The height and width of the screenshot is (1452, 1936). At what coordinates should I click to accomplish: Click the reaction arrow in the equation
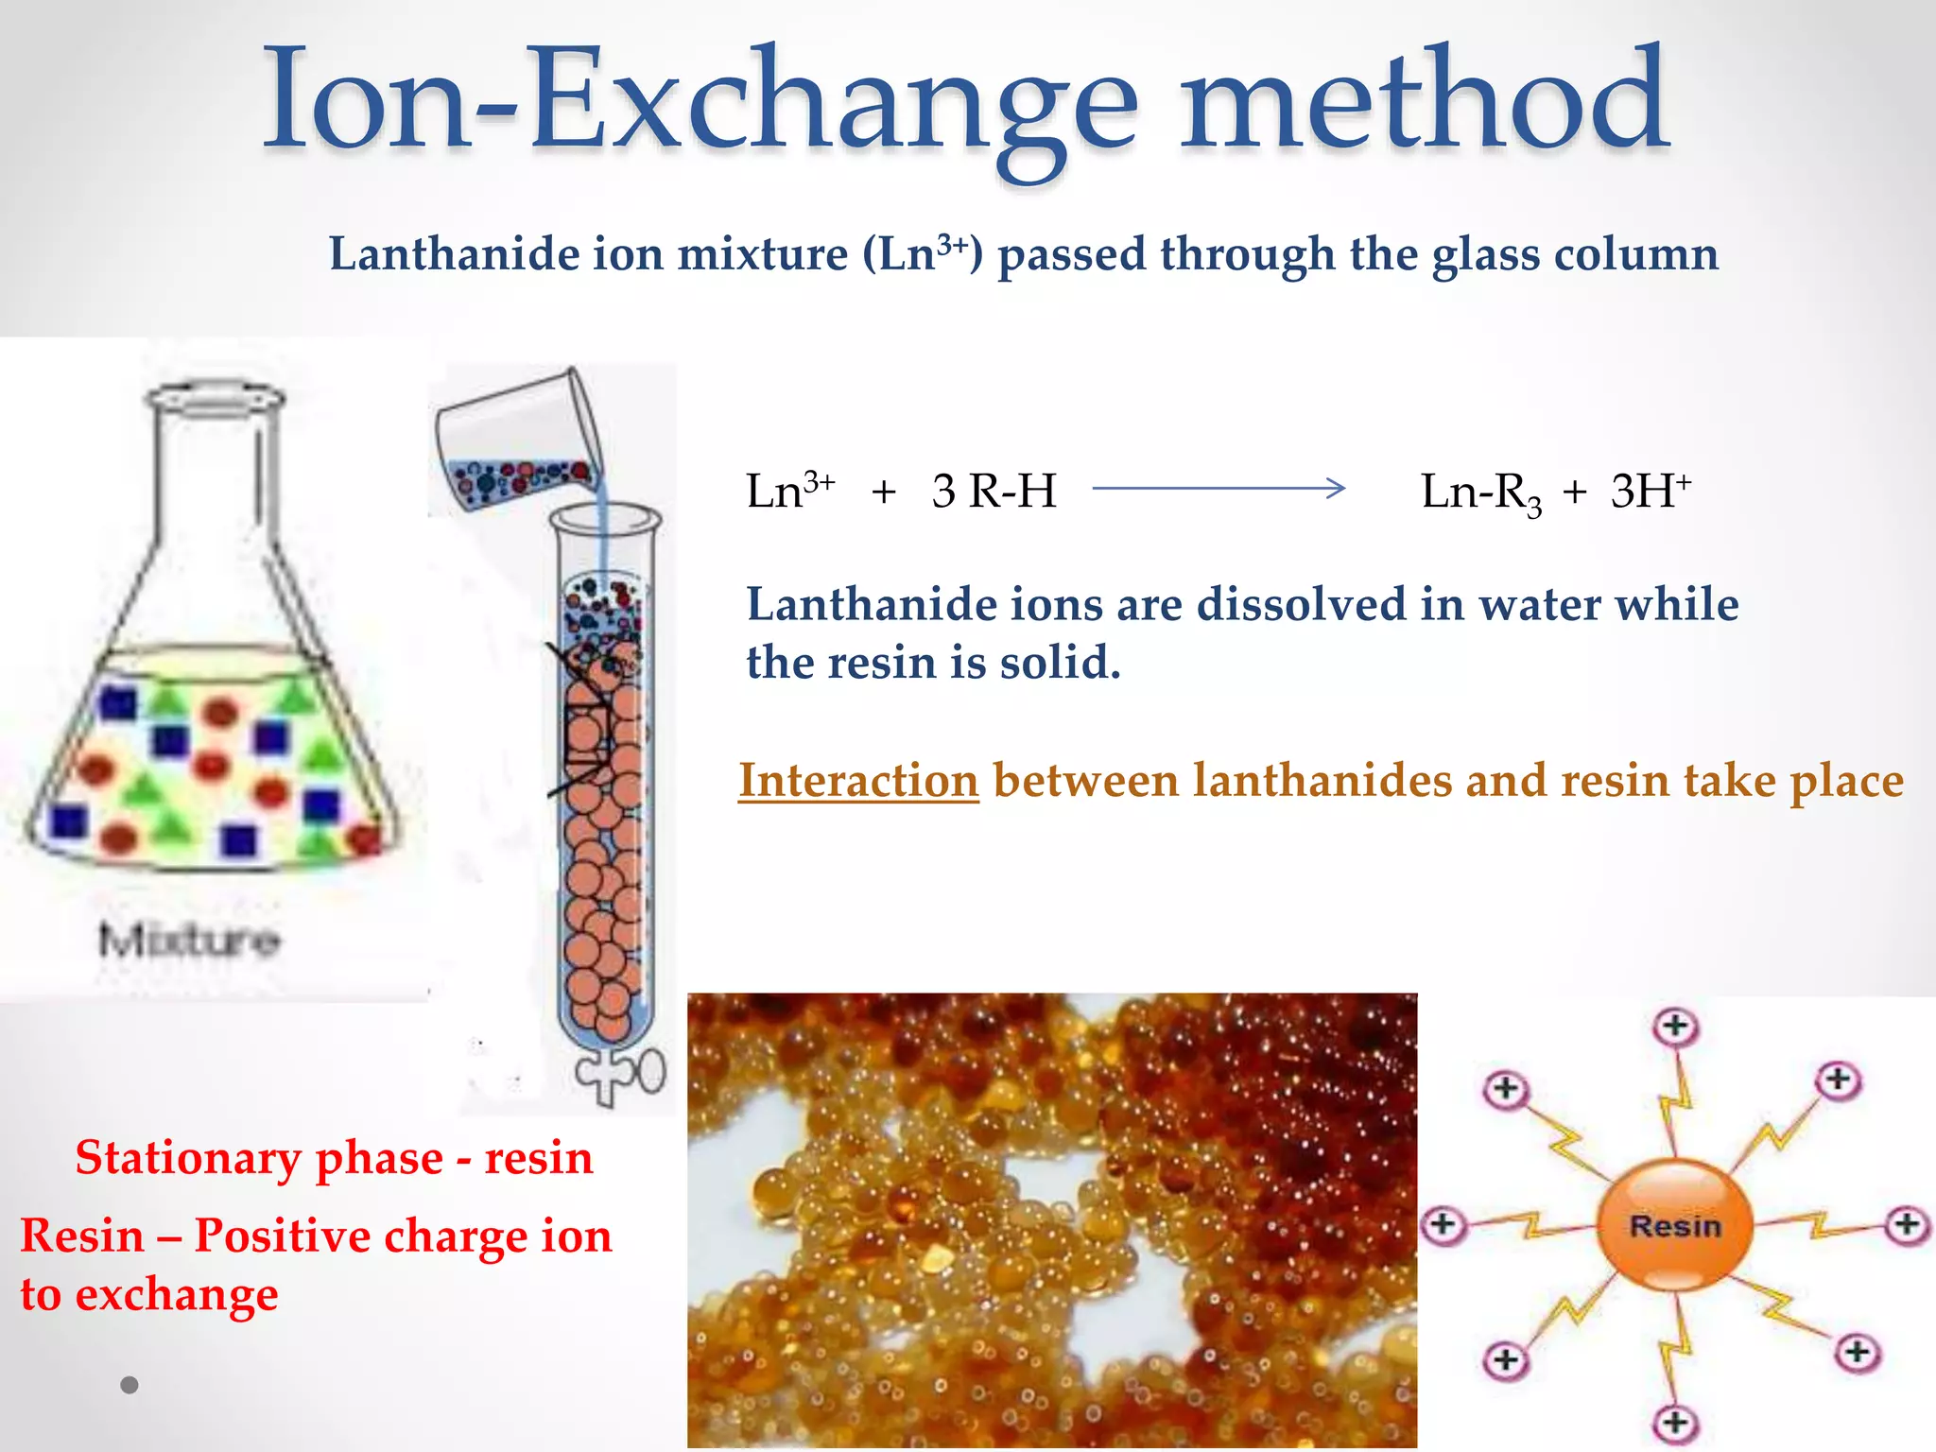(x=1219, y=489)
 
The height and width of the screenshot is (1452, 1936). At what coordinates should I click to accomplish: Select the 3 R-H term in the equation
(x=994, y=492)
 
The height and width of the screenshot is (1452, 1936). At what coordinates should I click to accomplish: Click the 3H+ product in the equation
(x=1651, y=490)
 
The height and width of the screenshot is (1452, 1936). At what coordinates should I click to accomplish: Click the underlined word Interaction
(x=858, y=781)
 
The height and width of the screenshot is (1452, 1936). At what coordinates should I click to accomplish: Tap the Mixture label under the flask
(x=189, y=940)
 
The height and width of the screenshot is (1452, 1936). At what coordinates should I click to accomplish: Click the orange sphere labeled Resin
(x=1674, y=1225)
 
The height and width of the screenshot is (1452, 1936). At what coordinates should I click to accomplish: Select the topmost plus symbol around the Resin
(x=1675, y=1026)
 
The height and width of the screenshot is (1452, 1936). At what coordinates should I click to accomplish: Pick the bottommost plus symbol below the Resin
(x=1675, y=1422)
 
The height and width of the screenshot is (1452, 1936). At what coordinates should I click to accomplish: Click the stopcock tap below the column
(x=624, y=1073)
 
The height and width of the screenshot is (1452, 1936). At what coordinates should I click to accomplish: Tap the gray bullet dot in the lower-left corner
(x=130, y=1385)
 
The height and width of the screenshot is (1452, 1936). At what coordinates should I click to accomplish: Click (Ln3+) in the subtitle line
(x=923, y=253)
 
